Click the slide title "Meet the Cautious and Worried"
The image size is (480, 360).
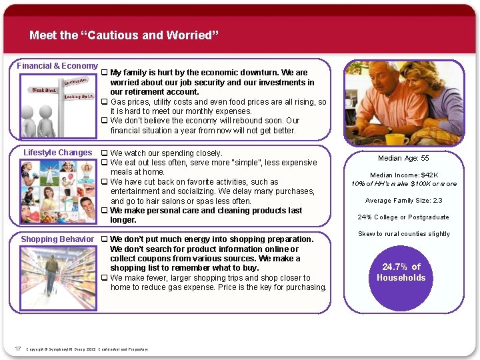[124, 35]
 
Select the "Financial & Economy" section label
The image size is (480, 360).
[57, 66]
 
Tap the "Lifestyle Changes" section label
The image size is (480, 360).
[58, 153]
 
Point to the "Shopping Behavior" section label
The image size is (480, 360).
[57, 239]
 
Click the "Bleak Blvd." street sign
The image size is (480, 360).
[43, 89]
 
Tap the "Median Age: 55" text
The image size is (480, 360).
[403, 159]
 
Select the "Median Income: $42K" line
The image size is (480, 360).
[403, 175]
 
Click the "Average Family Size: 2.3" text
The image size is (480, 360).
[403, 201]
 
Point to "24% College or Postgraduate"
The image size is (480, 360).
[403, 217]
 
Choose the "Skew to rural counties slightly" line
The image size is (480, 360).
[404, 234]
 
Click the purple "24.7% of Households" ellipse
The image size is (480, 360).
[401, 272]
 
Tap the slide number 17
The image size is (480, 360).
[18, 348]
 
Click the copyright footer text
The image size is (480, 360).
[87, 349]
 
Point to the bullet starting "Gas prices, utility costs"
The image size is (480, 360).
[218, 102]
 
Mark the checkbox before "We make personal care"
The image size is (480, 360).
[104, 211]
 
